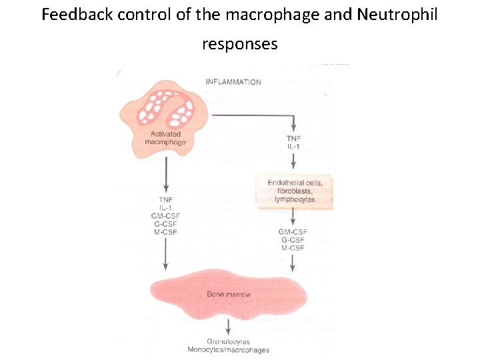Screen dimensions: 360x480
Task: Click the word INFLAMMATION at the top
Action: (x=233, y=82)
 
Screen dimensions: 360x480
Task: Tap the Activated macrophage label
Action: (x=166, y=138)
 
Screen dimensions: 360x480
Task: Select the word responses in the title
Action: (x=239, y=44)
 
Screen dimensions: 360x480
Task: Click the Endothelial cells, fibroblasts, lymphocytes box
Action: (x=294, y=191)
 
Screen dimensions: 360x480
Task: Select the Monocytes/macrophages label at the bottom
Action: (x=228, y=350)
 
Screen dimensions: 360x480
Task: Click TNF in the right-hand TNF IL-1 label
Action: (x=293, y=139)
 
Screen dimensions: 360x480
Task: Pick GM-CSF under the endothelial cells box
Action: (x=293, y=232)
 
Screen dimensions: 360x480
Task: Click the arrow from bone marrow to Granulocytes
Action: (x=228, y=327)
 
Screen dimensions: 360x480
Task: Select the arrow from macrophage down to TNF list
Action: (x=166, y=176)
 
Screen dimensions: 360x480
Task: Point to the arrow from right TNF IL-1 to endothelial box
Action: (x=293, y=161)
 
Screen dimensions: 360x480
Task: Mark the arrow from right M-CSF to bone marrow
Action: (x=293, y=263)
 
